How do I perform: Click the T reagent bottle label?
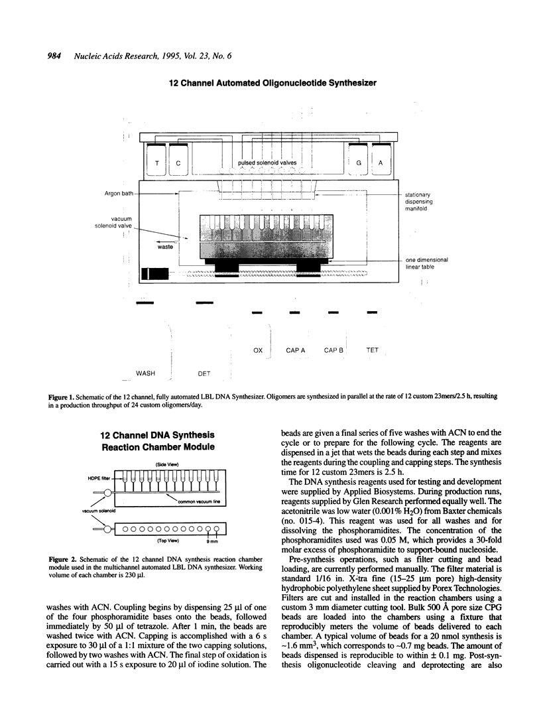(x=156, y=163)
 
